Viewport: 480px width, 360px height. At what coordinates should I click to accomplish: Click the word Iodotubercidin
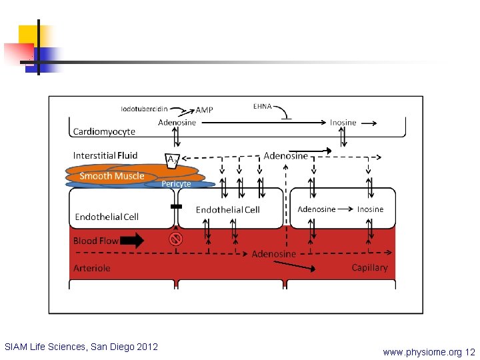[x=144, y=109]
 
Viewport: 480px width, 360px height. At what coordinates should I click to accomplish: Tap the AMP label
[x=205, y=110]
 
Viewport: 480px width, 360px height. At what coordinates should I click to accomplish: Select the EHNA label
[x=263, y=106]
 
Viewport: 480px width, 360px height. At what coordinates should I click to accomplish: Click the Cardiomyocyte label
[x=104, y=132]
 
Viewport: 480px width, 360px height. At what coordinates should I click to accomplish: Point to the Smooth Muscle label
[x=111, y=176]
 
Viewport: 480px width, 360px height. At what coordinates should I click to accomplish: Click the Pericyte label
[x=176, y=184]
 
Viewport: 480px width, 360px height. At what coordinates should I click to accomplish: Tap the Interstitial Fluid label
[x=105, y=155]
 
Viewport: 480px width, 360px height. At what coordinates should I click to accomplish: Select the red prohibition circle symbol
[x=176, y=239]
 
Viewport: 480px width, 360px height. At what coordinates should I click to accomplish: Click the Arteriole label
[x=91, y=268]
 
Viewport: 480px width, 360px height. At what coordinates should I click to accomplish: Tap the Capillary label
[x=369, y=267]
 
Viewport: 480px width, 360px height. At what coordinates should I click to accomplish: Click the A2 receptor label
[x=172, y=160]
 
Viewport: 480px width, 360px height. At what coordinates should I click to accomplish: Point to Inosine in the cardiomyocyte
[x=343, y=123]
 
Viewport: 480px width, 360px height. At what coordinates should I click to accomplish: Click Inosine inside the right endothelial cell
[x=370, y=209]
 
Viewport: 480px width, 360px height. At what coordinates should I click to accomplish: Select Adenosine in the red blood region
[x=273, y=254]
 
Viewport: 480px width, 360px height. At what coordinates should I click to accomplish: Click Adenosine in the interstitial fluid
[x=285, y=156]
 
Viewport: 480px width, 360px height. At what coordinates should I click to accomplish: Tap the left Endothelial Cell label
[x=107, y=217]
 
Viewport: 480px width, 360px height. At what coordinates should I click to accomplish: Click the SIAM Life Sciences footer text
[x=81, y=347]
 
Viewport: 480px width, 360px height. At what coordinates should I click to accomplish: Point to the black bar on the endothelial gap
[x=176, y=207]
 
